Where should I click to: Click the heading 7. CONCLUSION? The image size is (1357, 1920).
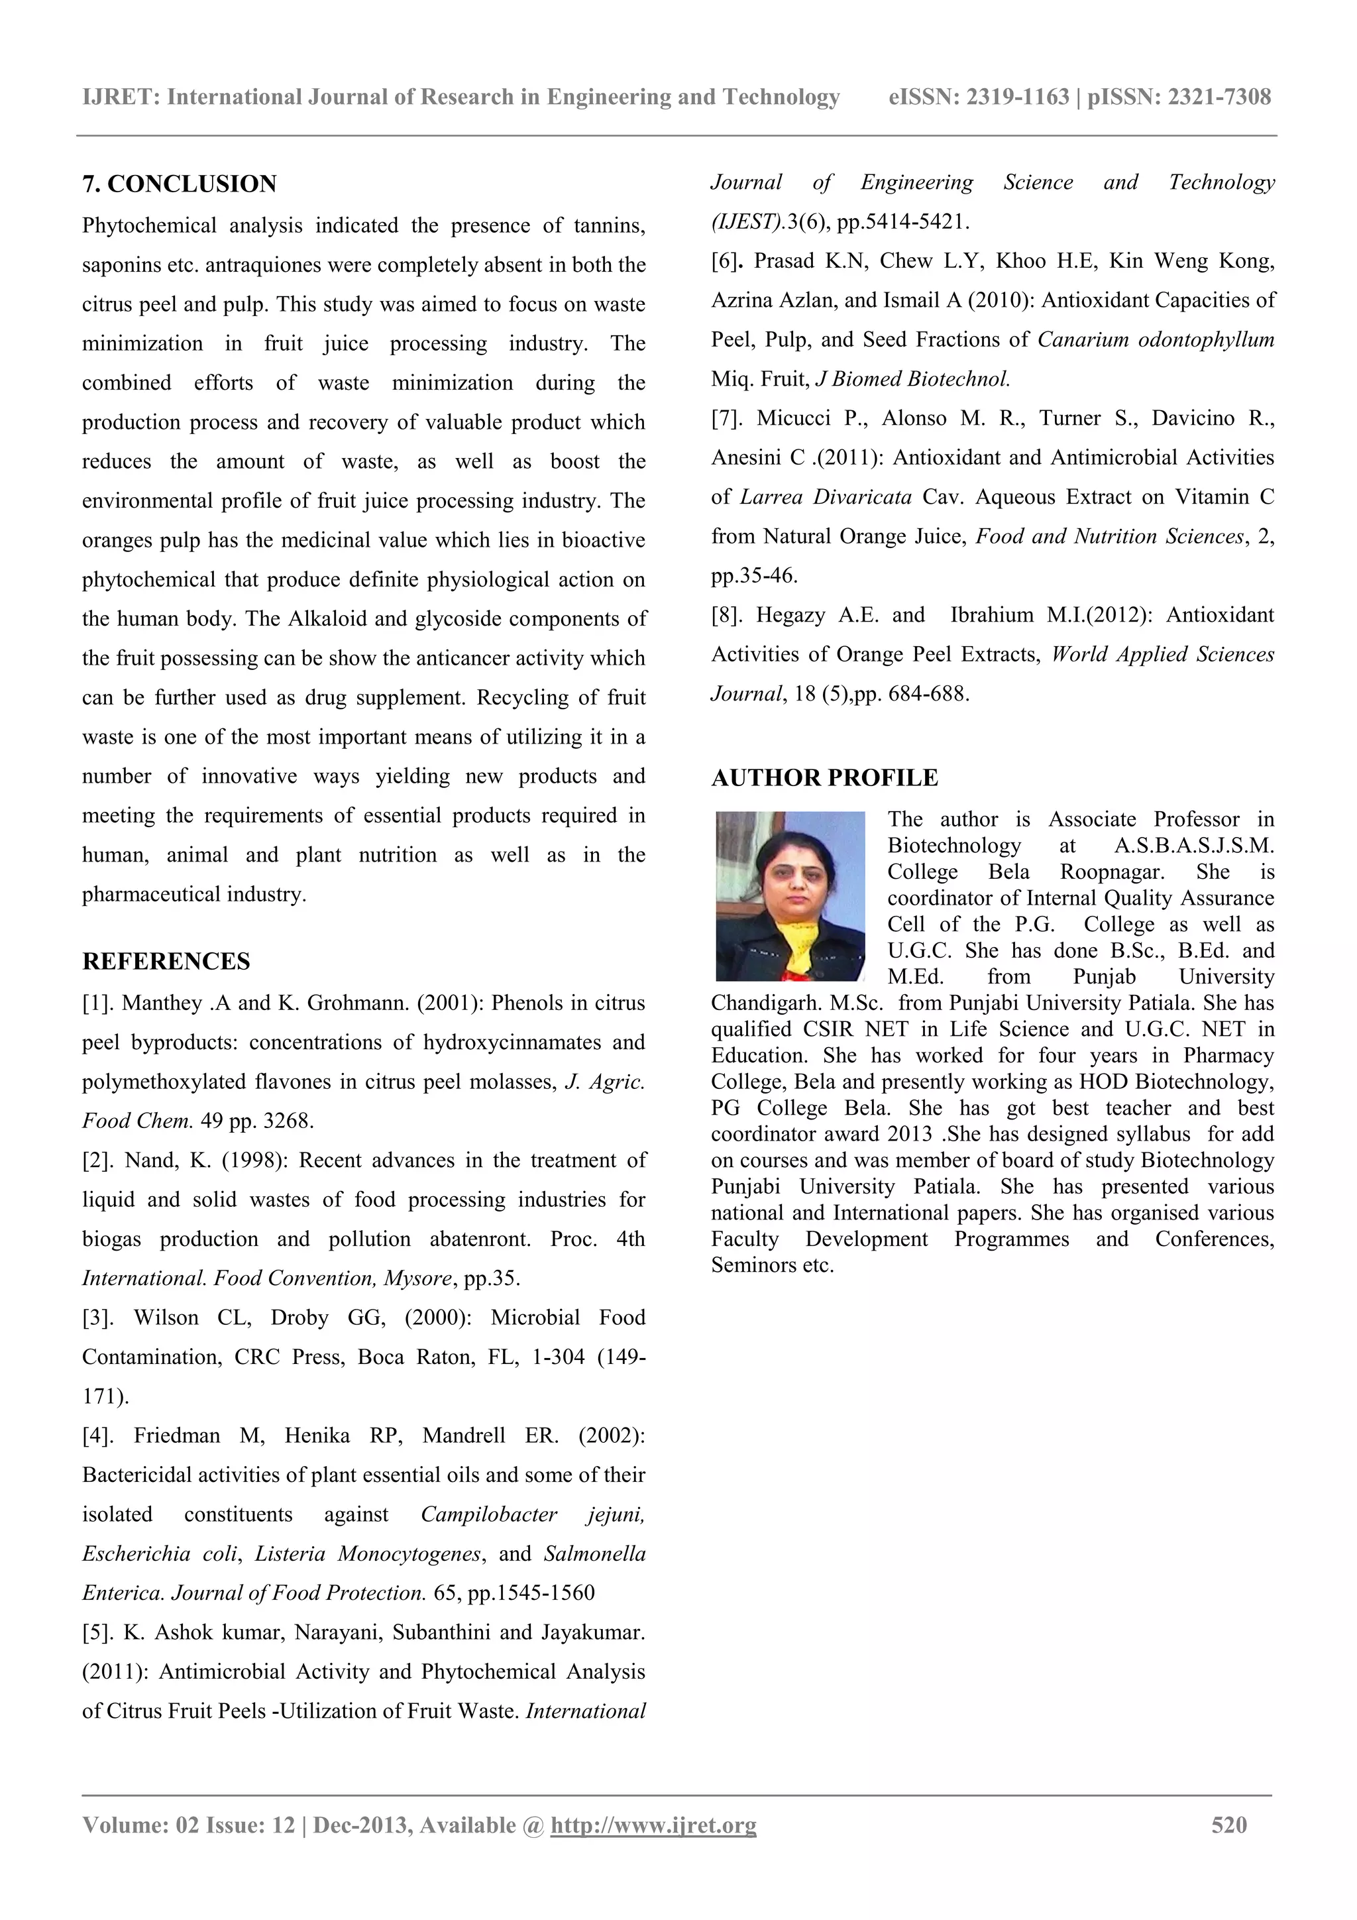tap(179, 184)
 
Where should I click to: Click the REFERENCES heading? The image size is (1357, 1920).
tap(166, 962)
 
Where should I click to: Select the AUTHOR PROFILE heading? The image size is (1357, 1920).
tap(824, 777)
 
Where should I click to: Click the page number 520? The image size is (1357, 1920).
tap(1229, 1825)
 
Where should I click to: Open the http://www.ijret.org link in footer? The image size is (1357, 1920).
tap(653, 1825)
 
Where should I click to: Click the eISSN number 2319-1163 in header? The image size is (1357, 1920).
tap(1018, 97)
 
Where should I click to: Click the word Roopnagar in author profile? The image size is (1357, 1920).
tap(1112, 872)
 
